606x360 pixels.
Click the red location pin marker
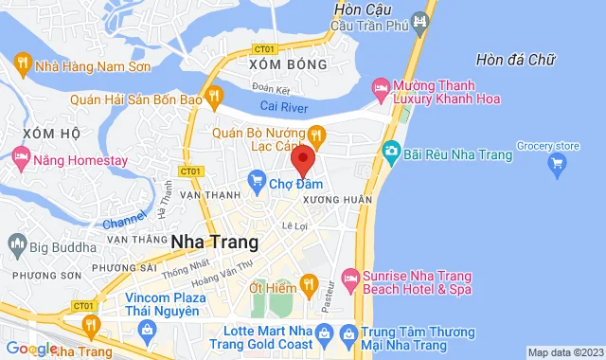(303, 159)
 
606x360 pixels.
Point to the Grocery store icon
(558, 165)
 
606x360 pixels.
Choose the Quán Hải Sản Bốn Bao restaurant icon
(216, 96)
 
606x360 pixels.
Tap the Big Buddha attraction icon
(14, 248)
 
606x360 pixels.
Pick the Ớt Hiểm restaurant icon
(308, 282)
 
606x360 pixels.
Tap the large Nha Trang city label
(211, 241)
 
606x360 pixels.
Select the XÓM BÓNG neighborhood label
(287, 64)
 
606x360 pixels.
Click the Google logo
(30, 349)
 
